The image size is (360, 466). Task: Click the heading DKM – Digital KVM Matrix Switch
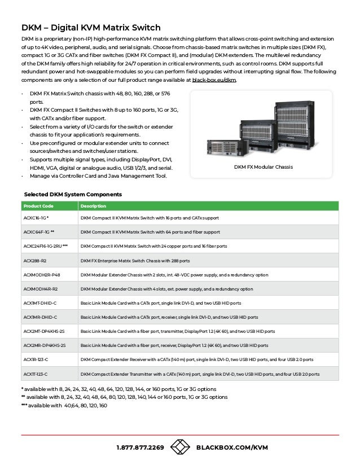(x=91, y=28)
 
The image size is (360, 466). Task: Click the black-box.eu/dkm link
(x=214, y=80)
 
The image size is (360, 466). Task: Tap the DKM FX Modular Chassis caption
(x=264, y=167)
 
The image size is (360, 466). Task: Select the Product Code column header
(x=39, y=205)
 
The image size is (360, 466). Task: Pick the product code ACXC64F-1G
(x=39, y=232)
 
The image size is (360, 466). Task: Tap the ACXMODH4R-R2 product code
(x=40, y=288)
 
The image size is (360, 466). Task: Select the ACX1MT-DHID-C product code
(x=40, y=302)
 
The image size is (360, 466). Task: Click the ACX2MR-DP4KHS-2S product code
(x=44, y=345)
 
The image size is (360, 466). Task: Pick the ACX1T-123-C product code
(x=36, y=373)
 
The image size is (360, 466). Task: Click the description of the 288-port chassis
(x=135, y=261)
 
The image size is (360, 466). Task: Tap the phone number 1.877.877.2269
(x=140, y=447)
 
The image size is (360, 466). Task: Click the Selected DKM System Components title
(x=73, y=194)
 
